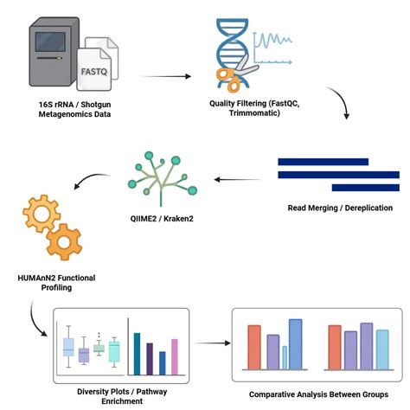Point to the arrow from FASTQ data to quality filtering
163,76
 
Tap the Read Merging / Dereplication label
339,208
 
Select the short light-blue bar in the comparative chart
285,356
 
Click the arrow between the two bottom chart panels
212,343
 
